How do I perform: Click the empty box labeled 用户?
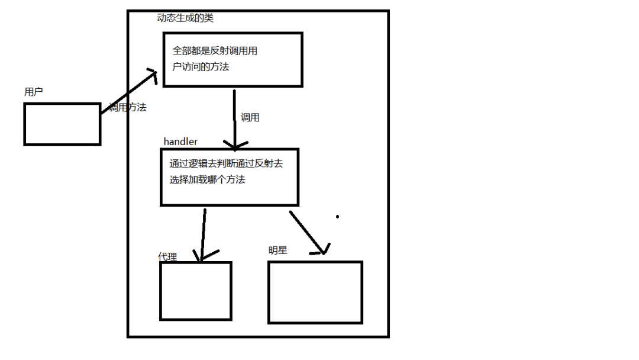pyautogui.click(x=62, y=124)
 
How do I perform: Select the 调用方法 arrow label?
pyautogui.click(x=127, y=108)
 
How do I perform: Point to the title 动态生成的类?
pyautogui.click(x=185, y=18)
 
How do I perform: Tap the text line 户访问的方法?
pyautogui.click(x=201, y=67)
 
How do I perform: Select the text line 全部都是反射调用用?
pyautogui.click(x=215, y=51)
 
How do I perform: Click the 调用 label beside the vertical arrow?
pyautogui.click(x=250, y=117)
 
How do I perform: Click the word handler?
pyautogui.click(x=180, y=142)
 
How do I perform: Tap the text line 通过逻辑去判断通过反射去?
pyautogui.click(x=226, y=163)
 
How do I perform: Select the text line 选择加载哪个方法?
pyautogui.click(x=207, y=179)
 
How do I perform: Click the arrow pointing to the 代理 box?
pyautogui.click(x=203, y=234)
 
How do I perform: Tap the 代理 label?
pyautogui.click(x=167, y=256)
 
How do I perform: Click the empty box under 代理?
pyautogui.click(x=196, y=291)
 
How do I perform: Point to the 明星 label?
pyautogui.click(x=277, y=250)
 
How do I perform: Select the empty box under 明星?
pyautogui.click(x=315, y=292)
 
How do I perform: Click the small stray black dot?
pyautogui.click(x=338, y=217)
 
